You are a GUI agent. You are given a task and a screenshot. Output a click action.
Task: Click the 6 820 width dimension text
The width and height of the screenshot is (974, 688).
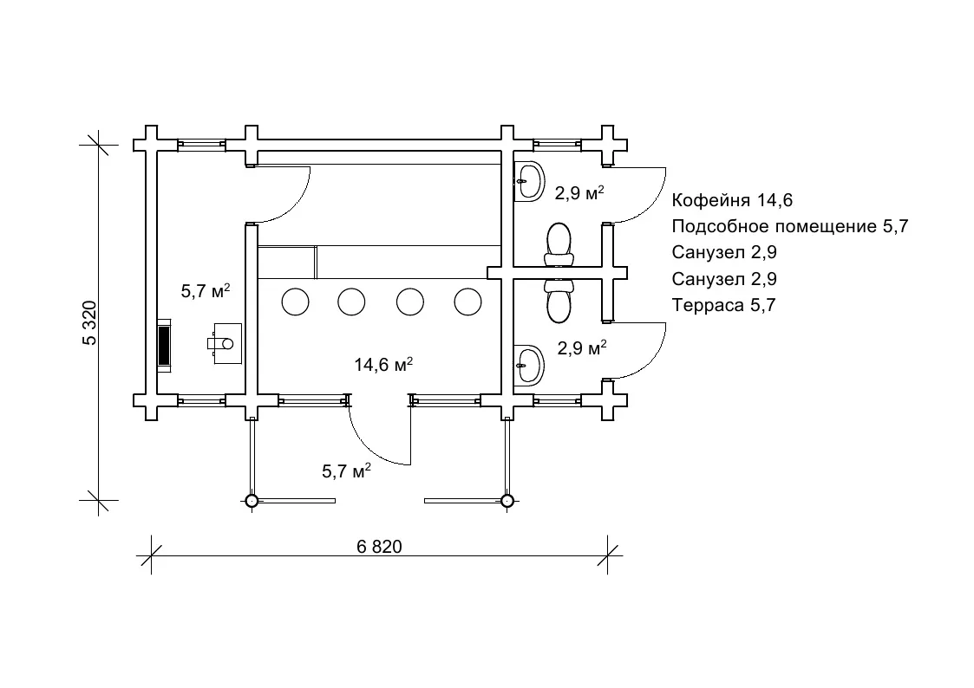tap(380, 547)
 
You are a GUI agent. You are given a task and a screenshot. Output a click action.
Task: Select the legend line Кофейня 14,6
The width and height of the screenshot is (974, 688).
tap(733, 201)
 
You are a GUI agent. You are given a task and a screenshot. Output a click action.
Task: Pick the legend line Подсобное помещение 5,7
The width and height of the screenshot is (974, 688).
tap(789, 227)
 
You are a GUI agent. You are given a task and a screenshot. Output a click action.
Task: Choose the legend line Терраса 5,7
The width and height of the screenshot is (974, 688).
tap(722, 305)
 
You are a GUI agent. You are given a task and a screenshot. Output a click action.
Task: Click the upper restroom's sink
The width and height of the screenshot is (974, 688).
tap(528, 181)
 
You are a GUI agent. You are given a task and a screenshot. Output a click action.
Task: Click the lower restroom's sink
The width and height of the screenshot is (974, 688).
tap(528, 364)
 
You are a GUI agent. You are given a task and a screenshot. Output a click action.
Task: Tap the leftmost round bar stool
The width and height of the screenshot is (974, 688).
tap(295, 302)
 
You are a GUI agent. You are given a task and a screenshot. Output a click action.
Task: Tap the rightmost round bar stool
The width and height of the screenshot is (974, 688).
tap(468, 302)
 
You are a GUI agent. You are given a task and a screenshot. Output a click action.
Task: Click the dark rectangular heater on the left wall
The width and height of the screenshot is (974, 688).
tap(164, 345)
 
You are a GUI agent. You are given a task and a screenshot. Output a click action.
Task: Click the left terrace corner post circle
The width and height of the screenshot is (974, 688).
tap(251, 500)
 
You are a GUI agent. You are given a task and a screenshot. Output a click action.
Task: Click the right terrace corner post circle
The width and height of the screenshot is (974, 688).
tap(507, 500)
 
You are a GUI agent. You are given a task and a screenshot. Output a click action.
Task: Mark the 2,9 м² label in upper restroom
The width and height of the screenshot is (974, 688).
tap(579, 193)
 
